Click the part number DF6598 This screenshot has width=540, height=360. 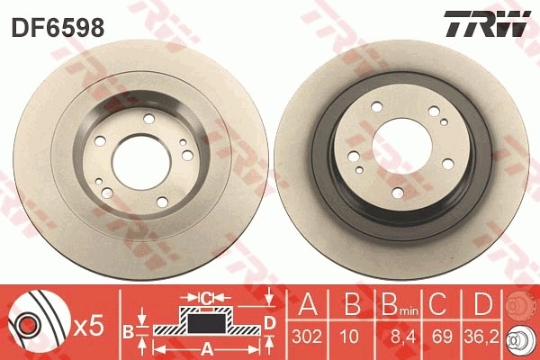[57, 28]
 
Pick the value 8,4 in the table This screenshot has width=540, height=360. [391, 337]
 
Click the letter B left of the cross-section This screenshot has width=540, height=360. [127, 331]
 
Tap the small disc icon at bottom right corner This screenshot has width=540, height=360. [519, 341]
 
